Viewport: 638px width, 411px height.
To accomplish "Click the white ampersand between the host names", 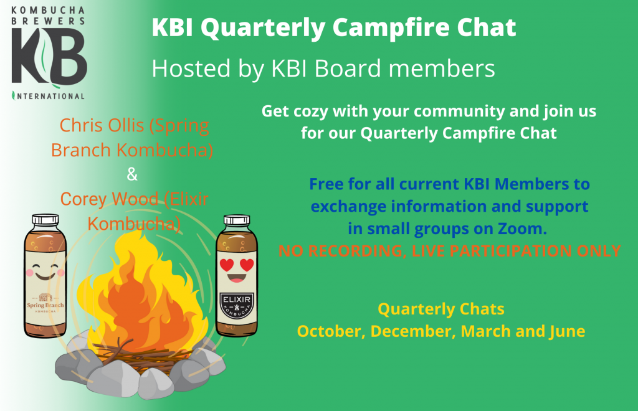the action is tap(132, 174).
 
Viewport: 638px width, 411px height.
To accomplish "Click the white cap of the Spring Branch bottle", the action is tap(45, 220).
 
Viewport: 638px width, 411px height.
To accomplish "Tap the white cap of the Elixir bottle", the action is tap(237, 220).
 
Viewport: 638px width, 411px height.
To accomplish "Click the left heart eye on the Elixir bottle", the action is tap(227, 265).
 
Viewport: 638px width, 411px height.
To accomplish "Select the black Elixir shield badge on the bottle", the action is tap(237, 306).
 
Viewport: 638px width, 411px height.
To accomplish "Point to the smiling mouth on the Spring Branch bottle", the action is tap(45, 276).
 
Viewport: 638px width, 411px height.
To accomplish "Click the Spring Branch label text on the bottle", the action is tap(45, 305).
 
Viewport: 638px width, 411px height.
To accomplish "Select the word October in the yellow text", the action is tap(329, 331).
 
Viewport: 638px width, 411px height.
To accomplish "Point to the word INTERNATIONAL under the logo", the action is tap(49, 97).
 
